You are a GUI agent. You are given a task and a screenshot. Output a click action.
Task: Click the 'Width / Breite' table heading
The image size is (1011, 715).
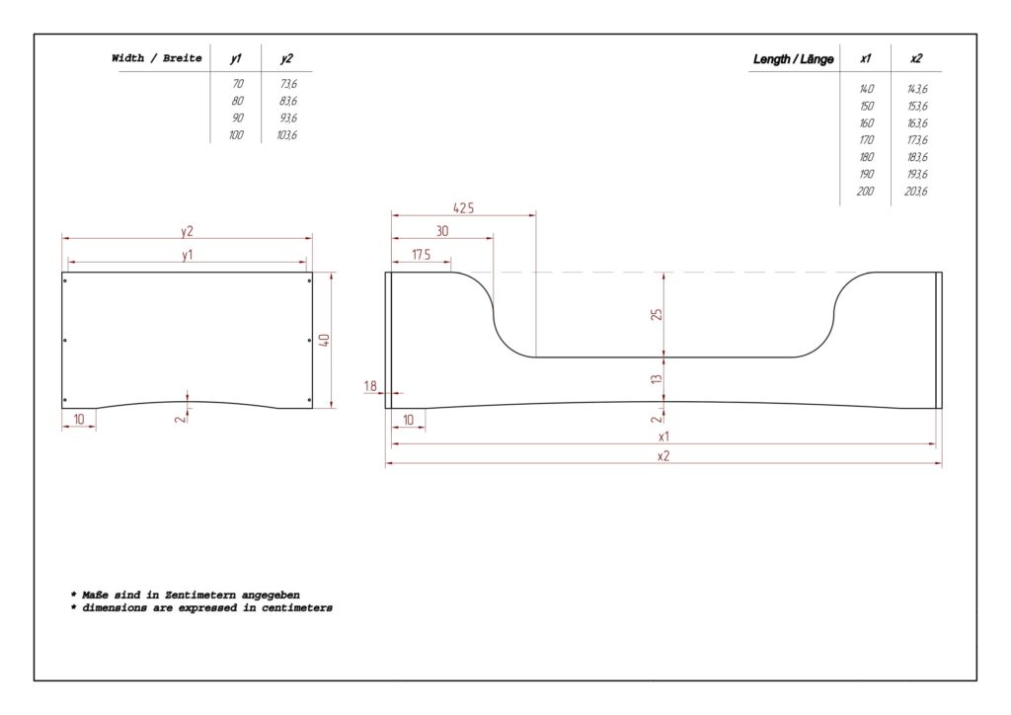157,58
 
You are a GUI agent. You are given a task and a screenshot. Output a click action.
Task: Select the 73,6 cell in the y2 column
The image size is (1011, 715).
288,84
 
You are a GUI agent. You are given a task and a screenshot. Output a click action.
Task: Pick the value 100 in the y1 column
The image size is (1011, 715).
236,134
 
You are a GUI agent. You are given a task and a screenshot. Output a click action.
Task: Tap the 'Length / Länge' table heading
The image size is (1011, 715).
793,59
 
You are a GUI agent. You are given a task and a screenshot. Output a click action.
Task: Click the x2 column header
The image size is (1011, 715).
916,58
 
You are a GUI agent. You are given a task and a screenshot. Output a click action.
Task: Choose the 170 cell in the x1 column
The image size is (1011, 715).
866,140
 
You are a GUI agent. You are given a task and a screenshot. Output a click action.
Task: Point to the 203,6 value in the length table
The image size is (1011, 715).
916,191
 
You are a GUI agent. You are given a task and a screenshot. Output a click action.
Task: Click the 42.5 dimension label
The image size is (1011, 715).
464,207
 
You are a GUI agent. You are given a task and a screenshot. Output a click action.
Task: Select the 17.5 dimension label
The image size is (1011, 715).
421,255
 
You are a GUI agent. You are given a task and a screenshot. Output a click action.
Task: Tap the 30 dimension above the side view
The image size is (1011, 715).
442,231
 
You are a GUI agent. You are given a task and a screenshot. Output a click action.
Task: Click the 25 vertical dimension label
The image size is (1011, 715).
657,315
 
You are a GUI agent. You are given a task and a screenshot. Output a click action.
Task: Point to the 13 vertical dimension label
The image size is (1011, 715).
657,379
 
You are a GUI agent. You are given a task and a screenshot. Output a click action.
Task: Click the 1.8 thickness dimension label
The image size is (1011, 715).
370,386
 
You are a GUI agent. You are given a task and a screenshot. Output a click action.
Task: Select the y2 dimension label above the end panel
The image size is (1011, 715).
187,231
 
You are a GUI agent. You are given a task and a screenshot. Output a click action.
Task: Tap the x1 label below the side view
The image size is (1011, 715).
663,437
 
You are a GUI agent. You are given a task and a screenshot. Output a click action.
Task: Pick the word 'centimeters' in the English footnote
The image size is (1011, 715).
296,608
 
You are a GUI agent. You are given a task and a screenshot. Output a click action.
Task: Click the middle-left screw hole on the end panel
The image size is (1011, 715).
65,341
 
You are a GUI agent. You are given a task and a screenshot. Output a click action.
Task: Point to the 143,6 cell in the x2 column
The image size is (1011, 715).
917,89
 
